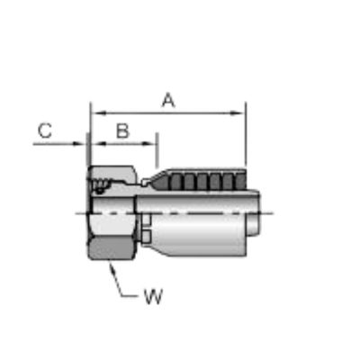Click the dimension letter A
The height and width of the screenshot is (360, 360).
coord(168,100)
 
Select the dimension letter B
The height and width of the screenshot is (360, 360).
coord(122,131)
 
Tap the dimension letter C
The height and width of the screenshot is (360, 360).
coord(45,130)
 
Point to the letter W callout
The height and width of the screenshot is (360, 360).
coord(153,296)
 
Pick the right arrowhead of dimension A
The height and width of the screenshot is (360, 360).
coord(238,113)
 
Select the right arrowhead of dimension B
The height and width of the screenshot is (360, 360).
coord(148,144)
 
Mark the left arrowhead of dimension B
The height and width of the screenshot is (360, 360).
coord(98,144)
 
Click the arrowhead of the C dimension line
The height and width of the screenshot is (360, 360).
coord(78,144)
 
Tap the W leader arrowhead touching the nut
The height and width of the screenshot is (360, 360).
coord(112,268)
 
